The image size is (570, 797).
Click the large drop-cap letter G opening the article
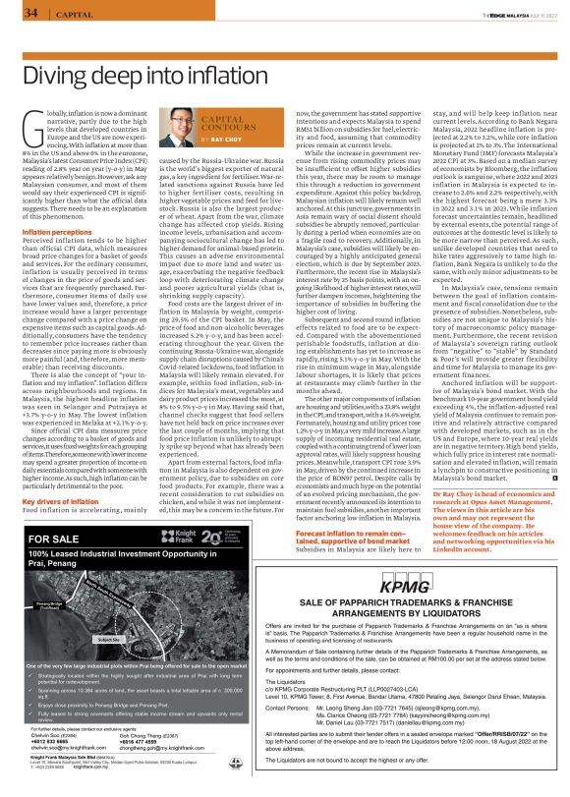click(x=34, y=128)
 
